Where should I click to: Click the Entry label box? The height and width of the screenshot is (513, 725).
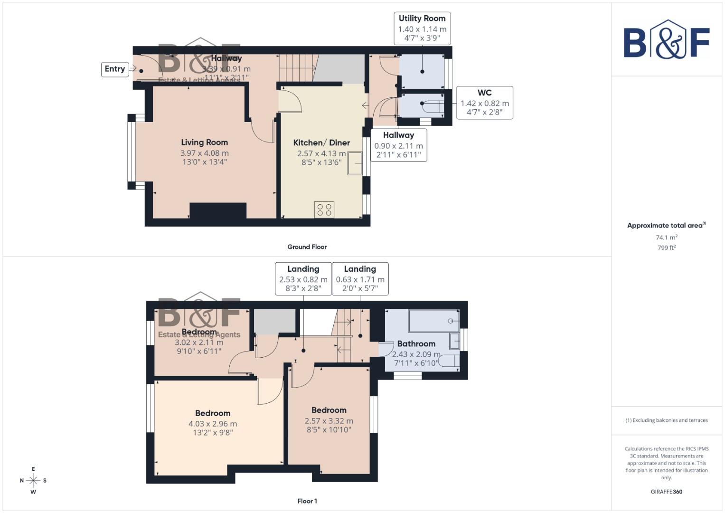click(115, 69)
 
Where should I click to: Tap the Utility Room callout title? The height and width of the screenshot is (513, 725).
click(422, 19)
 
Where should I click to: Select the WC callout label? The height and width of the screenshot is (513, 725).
click(484, 93)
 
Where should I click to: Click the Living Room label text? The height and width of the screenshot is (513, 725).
click(204, 142)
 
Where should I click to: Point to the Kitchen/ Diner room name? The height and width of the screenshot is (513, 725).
click(321, 142)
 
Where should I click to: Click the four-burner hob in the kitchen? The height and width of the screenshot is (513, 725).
click(324, 210)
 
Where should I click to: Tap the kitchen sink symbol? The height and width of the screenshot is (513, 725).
click(355, 163)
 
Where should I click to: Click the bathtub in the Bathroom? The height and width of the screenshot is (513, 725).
click(433, 321)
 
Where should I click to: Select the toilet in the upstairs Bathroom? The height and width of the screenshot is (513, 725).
click(448, 361)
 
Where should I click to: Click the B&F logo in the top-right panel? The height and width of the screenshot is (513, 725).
click(666, 40)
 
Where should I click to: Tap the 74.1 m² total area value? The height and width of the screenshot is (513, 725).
click(666, 237)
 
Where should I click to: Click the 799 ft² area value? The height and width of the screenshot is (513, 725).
click(666, 247)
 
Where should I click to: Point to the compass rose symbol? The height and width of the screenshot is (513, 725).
click(33, 480)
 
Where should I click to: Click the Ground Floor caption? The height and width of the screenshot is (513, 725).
click(307, 247)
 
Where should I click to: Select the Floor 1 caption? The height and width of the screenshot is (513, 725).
click(307, 501)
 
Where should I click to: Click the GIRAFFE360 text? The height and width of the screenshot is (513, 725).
click(666, 492)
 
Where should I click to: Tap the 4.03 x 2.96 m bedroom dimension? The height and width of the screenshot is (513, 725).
click(213, 424)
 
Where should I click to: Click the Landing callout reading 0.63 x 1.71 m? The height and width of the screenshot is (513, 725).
click(360, 278)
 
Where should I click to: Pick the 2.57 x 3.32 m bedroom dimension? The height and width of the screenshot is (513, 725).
click(329, 421)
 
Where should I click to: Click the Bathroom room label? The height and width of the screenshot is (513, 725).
click(416, 343)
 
